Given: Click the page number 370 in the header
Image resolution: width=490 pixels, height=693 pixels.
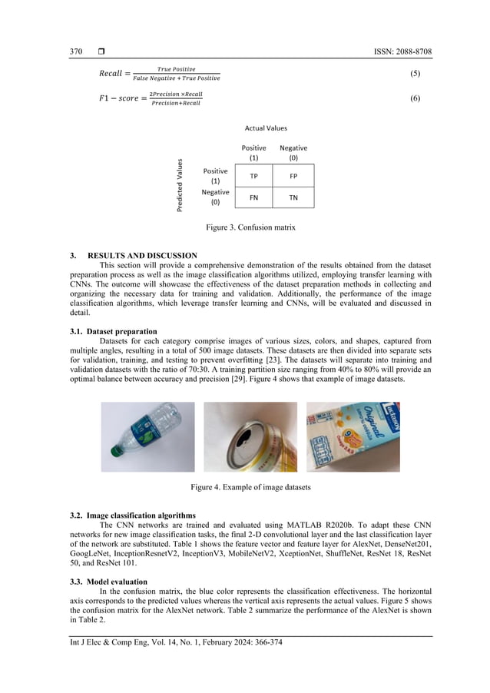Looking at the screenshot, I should [x=76, y=51].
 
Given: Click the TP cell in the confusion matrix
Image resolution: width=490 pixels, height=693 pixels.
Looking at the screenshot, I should [x=253, y=175].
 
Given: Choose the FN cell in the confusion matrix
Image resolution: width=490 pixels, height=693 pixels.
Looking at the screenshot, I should [x=253, y=197].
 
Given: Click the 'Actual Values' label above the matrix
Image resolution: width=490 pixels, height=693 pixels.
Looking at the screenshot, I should [x=266, y=128].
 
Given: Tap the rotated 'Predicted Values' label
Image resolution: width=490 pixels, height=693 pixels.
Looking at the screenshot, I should [x=180, y=184].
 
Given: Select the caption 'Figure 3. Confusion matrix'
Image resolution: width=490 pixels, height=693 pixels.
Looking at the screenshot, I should [x=250, y=227].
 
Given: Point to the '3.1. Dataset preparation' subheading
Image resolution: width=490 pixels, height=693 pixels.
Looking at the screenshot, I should [x=113, y=330].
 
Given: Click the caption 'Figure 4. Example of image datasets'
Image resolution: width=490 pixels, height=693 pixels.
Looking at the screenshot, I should [x=250, y=487].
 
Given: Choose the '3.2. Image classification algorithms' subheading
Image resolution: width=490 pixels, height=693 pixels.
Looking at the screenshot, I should [x=132, y=515].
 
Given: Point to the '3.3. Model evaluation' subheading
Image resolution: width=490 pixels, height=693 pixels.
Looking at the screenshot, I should [x=108, y=582].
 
